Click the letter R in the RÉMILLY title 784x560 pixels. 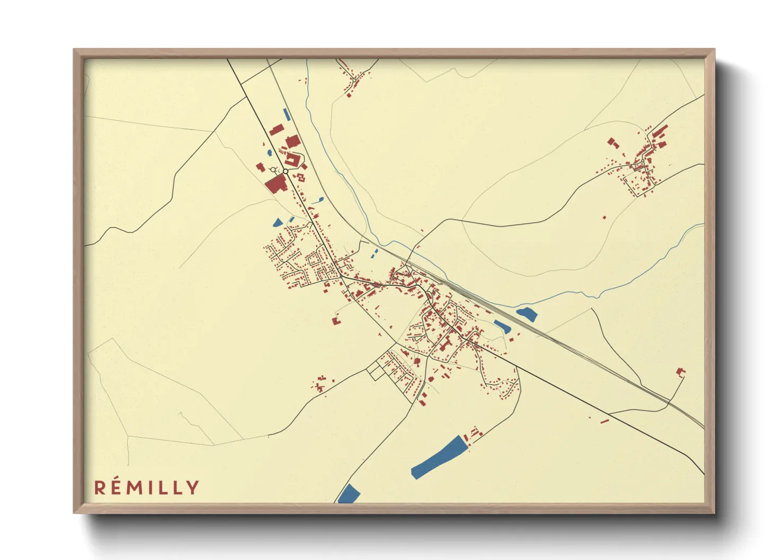(x=100, y=487)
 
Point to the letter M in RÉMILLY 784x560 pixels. (x=137, y=487)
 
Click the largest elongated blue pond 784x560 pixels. (x=436, y=458)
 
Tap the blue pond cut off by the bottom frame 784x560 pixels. (x=349, y=494)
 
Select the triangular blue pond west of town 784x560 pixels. (x=277, y=222)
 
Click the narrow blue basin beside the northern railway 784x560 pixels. (x=287, y=114)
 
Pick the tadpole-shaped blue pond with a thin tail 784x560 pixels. (x=319, y=200)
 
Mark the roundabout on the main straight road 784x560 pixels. (x=286, y=171)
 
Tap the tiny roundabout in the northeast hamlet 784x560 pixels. (x=643, y=160)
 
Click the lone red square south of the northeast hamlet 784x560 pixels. (x=604, y=217)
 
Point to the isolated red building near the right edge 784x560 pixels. (x=681, y=372)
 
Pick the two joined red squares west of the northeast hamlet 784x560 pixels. (x=613, y=142)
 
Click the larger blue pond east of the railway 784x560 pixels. (x=527, y=314)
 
